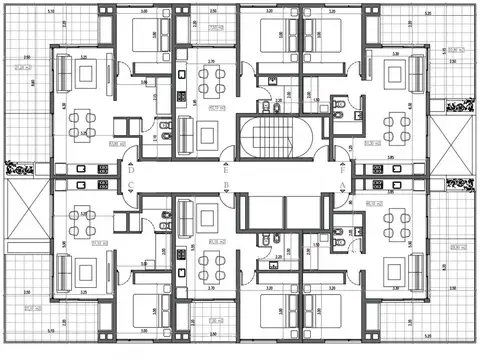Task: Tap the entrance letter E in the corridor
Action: (x=229, y=171)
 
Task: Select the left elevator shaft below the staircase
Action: (x=263, y=212)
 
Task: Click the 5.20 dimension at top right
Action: (x=428, y=14)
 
